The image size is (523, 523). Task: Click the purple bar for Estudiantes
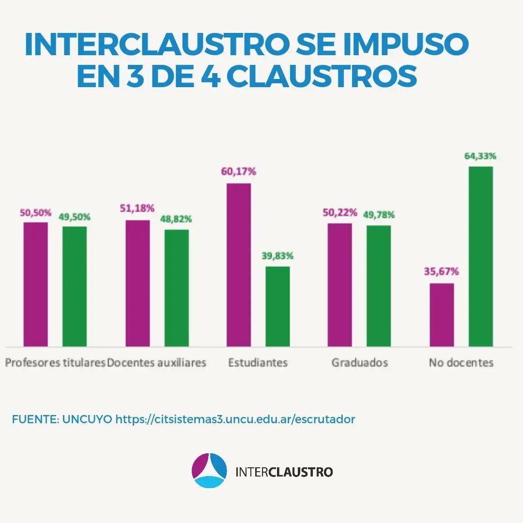239,264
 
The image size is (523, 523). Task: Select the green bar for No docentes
480,257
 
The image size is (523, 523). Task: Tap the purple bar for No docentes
442,315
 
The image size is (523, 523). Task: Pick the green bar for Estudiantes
277,306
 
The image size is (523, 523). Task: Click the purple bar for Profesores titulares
36,284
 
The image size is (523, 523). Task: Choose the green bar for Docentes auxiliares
176,288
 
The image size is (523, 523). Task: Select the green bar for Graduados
379,286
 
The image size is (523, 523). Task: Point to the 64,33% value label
480,156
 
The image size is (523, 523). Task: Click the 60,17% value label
239,171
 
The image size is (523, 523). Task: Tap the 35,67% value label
441,272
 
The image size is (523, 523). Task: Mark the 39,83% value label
277,256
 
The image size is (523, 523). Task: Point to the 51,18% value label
138,209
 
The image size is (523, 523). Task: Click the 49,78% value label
378,215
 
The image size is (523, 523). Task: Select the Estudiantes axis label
258,363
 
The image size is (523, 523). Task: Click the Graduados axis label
359,363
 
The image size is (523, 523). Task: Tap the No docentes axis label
461,363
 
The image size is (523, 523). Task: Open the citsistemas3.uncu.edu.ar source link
235,419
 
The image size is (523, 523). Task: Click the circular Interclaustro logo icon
209,470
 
